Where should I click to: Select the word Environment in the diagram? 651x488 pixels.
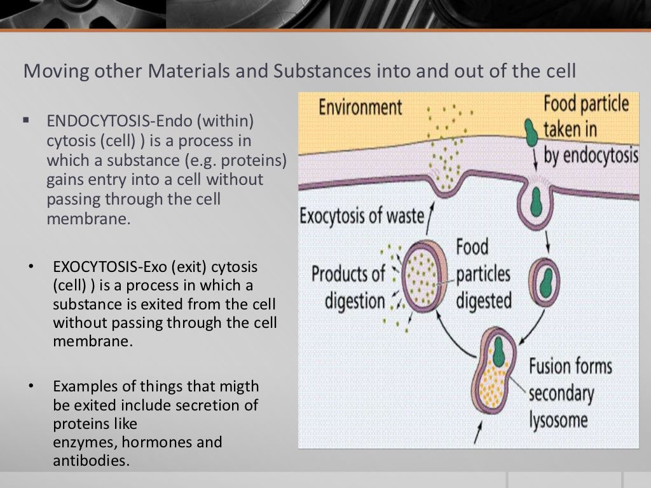pos(360,106)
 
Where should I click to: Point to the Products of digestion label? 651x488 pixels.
pos(348,287)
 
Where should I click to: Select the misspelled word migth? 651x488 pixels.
pos(240,386)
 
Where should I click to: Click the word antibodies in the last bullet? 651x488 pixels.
pos(91,460)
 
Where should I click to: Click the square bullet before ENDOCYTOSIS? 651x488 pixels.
pos(27,119)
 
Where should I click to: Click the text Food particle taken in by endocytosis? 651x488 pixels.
pos(588,131)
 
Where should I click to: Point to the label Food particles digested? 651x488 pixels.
pos(483,273)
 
